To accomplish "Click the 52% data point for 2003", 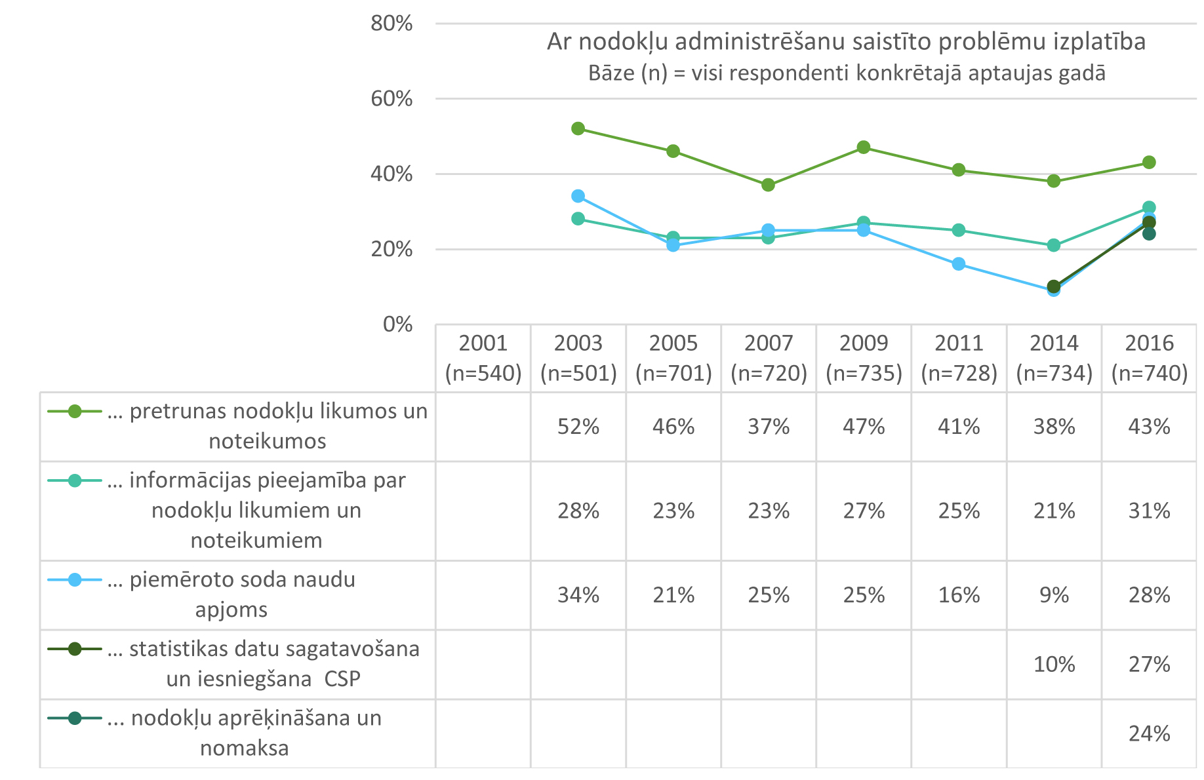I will point(578,128).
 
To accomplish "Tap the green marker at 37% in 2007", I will point(768,185).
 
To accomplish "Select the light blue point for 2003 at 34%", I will point(578,196).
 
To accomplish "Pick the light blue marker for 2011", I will point(959,264).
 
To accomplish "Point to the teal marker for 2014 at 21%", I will point(1054,245).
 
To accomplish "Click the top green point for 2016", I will point(1149,162).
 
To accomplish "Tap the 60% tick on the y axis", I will point(391,99).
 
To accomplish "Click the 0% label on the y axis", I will point(397,324).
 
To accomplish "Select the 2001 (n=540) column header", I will point(483,358).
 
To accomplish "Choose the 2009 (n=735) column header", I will point(864,358).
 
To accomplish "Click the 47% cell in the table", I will point(864,427).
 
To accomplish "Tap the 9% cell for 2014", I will point(1054,595).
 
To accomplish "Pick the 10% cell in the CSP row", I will point(1054,664).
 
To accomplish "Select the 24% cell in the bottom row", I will point(1149,733).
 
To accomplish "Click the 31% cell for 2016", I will point(1149,511).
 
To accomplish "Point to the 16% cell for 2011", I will point(959,595).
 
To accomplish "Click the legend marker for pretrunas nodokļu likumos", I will point(75,412).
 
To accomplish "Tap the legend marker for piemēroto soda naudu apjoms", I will point(75,580).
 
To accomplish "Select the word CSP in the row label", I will point(342,679).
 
